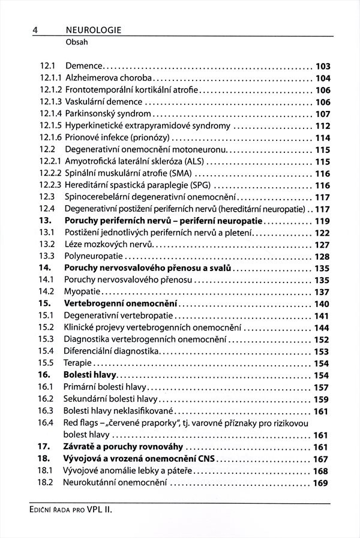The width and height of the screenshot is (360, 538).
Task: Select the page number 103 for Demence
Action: (x=323, y=67)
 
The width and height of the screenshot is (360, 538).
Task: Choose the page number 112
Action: (x=323, y=125)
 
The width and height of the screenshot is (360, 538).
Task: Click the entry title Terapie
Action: (x=78, y=363)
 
